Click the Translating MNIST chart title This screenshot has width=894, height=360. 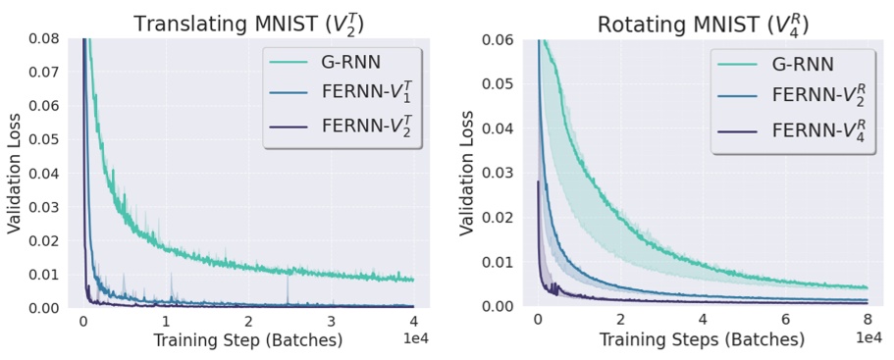(x=248, y=23)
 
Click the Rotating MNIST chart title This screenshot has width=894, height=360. (x=703, y=23)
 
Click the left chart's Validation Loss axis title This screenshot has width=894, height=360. (x=14, y=173)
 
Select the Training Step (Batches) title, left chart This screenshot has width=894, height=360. (x=247, y=340)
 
